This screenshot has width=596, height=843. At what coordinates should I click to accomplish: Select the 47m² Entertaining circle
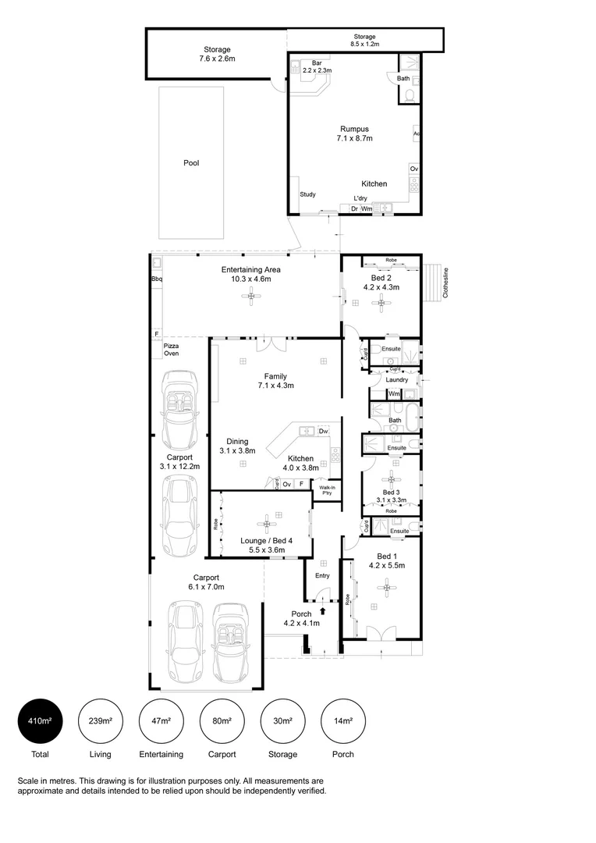pos(161,721)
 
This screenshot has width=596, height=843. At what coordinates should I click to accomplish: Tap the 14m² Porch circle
pos(343,721)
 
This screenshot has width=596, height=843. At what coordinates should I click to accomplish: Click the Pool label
pos(191,163)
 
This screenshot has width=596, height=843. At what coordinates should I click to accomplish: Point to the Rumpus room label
pos(354,133)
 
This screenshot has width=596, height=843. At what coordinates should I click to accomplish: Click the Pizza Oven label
pos(171,349)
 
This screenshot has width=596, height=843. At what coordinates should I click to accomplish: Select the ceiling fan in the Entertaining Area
pos(250,294)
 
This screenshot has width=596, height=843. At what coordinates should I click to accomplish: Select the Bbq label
pos(157,279)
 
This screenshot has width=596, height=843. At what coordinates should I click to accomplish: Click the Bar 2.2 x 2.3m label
pos(317,66)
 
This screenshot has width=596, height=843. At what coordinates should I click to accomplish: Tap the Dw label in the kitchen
pos(323,431)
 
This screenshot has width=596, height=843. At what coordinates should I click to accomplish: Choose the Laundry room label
pos(396,380)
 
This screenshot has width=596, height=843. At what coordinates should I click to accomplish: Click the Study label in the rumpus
pos(307,194)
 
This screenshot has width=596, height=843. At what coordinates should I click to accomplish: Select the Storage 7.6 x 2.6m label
pos(217,54)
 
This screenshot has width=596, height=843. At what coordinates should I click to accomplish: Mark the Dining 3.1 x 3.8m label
pos(237,446)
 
